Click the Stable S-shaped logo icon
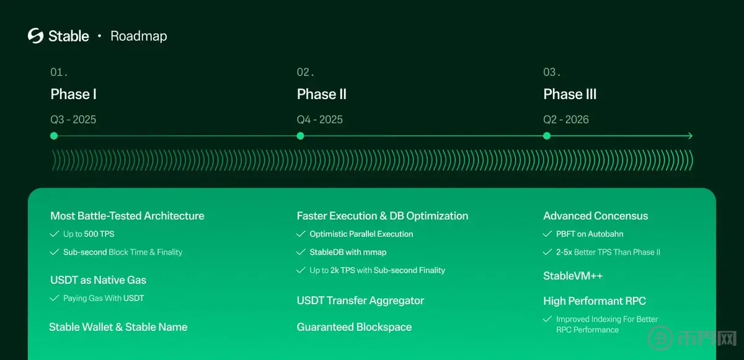coord(35,36)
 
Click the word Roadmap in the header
coord(139,36)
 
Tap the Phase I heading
coord(73,94)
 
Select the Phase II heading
coord(322,94)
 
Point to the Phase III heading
coord(570,94)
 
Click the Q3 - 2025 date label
coord(73,120)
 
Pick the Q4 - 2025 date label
coord(319,120)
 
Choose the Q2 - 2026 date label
coord(566,120)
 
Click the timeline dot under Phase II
coord(300,136)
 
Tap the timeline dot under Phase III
coord(547,136)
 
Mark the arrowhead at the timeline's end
coord(691,136)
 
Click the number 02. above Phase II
coord(305,72)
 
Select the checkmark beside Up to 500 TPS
coord(54,234)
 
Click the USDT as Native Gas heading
coord(99,280)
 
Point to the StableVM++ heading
coord(573,276)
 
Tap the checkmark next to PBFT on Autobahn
coord(547,234)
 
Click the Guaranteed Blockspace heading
coord(354,327)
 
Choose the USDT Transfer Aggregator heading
coord(360,301)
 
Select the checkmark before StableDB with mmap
coord(301,252)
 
